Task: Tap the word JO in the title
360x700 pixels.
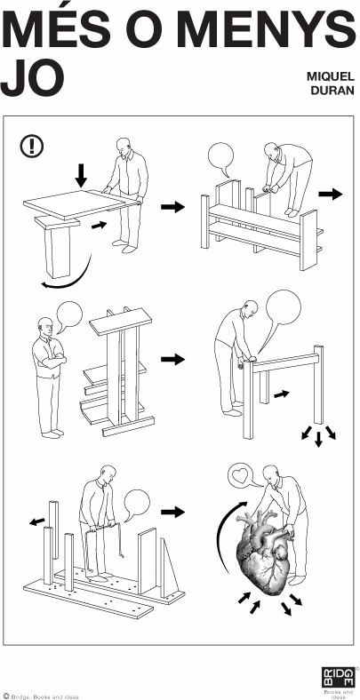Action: tap(32, 79)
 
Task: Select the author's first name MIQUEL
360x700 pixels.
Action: tap(330, 76)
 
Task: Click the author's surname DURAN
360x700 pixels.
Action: tap(332, 91)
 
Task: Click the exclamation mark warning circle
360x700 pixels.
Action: tap(32, 145)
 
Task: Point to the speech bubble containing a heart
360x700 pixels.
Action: tap(241, 476)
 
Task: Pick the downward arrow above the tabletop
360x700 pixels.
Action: tap(81, 176)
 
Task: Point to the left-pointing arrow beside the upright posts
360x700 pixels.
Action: tap(37, 521)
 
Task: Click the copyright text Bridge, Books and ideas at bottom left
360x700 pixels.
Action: tap(41, 696)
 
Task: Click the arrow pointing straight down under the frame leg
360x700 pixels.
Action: tap(318, 439)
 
